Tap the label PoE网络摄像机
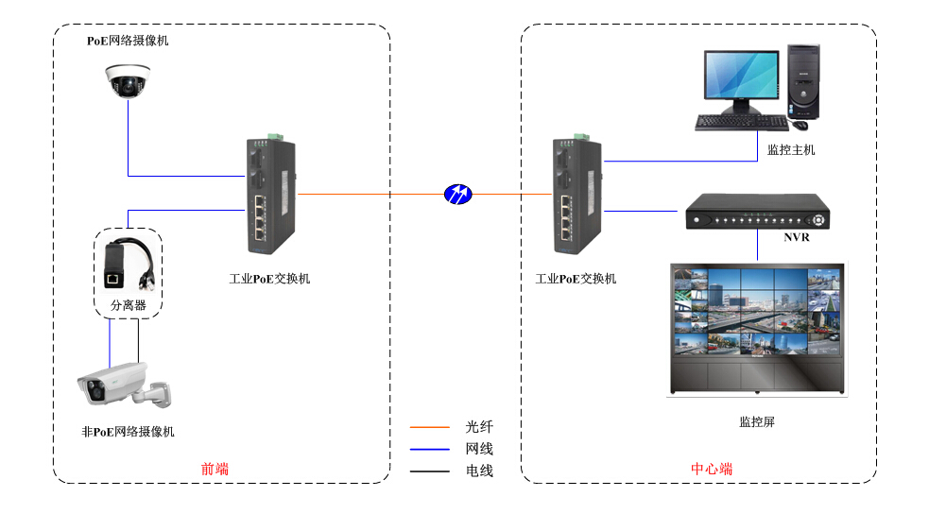[128, 41]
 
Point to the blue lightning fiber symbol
[458, 195]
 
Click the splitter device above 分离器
[127, 265]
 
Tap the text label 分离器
[129, 305]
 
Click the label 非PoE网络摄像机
[129, 432]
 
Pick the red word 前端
[215, 469]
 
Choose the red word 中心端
[712, 469]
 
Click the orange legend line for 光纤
[430, 427]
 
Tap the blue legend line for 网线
[430, 449]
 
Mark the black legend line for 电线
[430, 471]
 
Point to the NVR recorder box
[757, 213]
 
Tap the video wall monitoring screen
[756, 326]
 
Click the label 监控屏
[757, 421]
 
